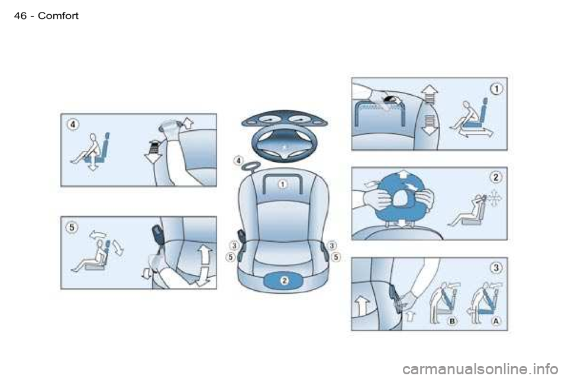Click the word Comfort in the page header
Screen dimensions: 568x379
pos(58,15)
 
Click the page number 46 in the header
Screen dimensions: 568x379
pos(21,15)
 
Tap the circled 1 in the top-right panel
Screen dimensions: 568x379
pos(496,88)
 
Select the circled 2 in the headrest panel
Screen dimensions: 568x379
pos(496,177)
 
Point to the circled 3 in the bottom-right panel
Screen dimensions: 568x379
pos(496,268)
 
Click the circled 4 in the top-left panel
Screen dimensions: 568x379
pos(73,124)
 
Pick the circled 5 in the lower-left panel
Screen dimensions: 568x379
pos(72,227)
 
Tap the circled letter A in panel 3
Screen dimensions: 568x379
pos(496,321)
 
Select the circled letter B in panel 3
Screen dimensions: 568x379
pos(452,321)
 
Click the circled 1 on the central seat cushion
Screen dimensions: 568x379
pos(282,184)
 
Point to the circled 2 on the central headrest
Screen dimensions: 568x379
pos(285,280)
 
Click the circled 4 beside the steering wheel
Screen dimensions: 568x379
pos(238,160)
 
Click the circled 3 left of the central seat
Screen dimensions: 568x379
pos(234,246)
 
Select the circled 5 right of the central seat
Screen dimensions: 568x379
pos(336,257)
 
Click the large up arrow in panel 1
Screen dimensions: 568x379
pos(430,94)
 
